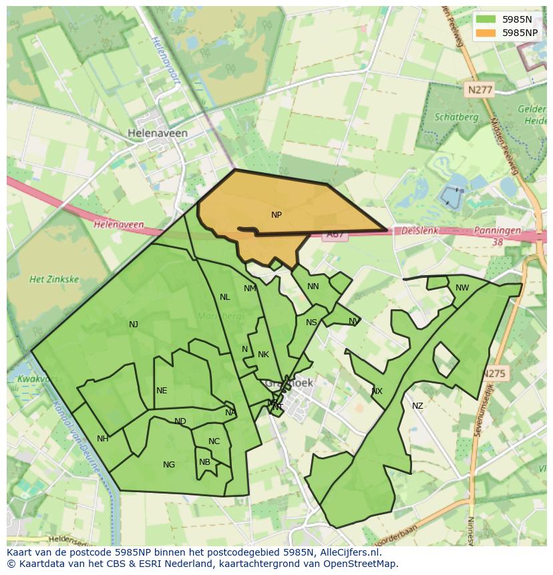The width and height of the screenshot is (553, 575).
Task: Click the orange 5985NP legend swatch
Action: point(486,32)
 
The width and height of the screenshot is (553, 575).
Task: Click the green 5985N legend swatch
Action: point(486,19)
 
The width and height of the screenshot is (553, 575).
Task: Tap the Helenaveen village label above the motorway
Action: point(158,133)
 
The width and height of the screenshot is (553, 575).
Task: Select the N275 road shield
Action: point(495,374)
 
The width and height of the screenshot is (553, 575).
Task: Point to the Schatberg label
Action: point(456,117)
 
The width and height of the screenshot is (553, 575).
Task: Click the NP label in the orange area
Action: point(276,215)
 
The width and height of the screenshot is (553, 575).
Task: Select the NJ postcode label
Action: point(134,325)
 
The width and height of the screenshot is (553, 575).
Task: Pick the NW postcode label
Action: point(462,288)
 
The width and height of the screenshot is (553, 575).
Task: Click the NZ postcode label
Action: point(417,406)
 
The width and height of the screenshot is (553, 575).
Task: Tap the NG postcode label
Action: point(169,465)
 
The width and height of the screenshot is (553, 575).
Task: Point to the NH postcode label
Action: point(103,439)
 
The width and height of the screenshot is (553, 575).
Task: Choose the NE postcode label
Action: point(162,391)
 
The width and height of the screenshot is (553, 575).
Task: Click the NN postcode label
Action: point(313,286)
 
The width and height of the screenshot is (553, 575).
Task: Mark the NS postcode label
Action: point(311,323)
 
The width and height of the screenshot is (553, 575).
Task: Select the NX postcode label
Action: point(377,391)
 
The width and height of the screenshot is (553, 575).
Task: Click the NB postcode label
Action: point(204,461)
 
